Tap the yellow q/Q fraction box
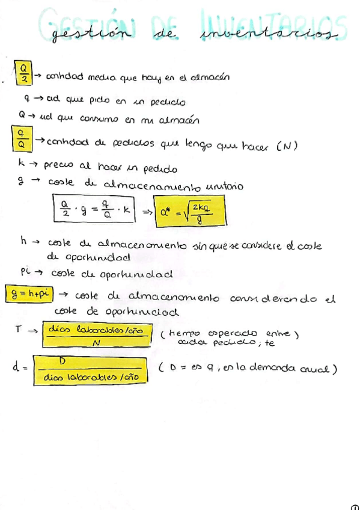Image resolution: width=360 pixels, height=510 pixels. (21, 138)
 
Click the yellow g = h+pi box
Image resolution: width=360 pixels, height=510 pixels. (29, 294)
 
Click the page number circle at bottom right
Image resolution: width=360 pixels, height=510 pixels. (355, 506)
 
